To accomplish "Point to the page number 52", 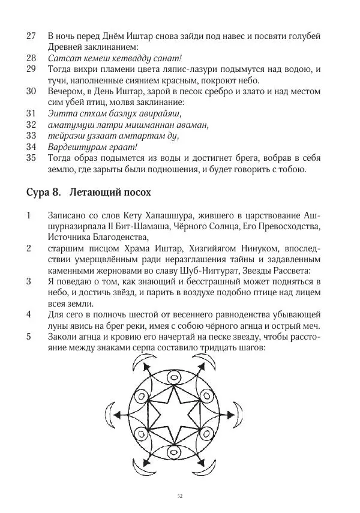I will tap(180, 496).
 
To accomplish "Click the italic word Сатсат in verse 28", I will tap(63, 59).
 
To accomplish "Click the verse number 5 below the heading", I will tap(29, 337).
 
